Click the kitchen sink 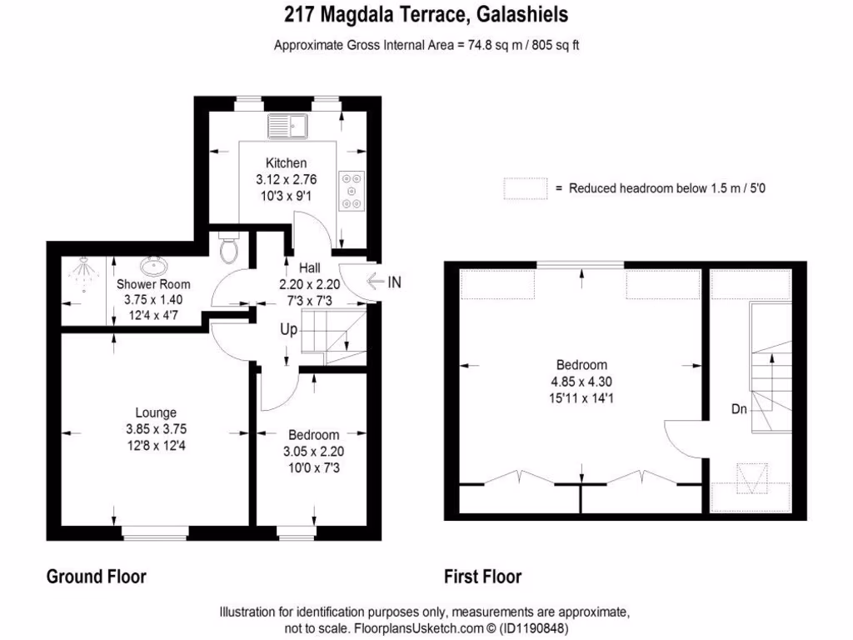pos(288,125)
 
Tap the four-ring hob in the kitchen pos(350,190)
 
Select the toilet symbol pos(228,247)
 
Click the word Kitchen pos(286,163)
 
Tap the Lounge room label pos(156,412)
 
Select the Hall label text pos(310,268)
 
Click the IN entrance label pos(394,282)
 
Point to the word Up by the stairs pos(288,329)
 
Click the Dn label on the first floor pos(739,409)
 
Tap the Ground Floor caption pos(96,577)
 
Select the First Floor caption pos(483,577)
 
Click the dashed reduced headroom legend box pos(525,189)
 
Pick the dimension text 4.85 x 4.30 pos(581,382)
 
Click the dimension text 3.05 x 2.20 pos(313,452)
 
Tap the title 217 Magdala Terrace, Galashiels pos(426,15)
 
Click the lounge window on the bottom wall pos(156,531)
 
